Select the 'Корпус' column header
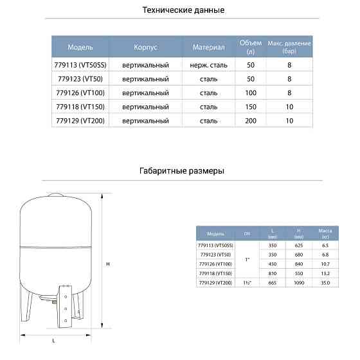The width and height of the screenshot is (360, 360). [x=145, y=47]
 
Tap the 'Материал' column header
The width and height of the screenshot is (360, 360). [x=209, y=47]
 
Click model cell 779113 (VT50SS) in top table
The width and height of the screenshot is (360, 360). [x=80, y=65]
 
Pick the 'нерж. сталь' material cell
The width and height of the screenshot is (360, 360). [x=209, y=65]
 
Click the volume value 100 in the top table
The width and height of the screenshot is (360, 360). [x=251, y=93]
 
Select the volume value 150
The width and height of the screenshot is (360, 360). [x=251, y=106]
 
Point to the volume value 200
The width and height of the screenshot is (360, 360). [x=251, y=120]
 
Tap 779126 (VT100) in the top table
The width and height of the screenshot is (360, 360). [x=80, y=93]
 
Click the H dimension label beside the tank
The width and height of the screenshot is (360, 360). [x=109, y=264]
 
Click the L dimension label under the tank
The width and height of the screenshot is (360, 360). [x=54, y=341]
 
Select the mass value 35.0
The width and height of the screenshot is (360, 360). [x=325, y=282]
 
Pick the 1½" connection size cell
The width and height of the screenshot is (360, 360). [x=248, y=282]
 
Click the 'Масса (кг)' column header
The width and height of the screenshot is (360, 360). [x=325, y=233]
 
